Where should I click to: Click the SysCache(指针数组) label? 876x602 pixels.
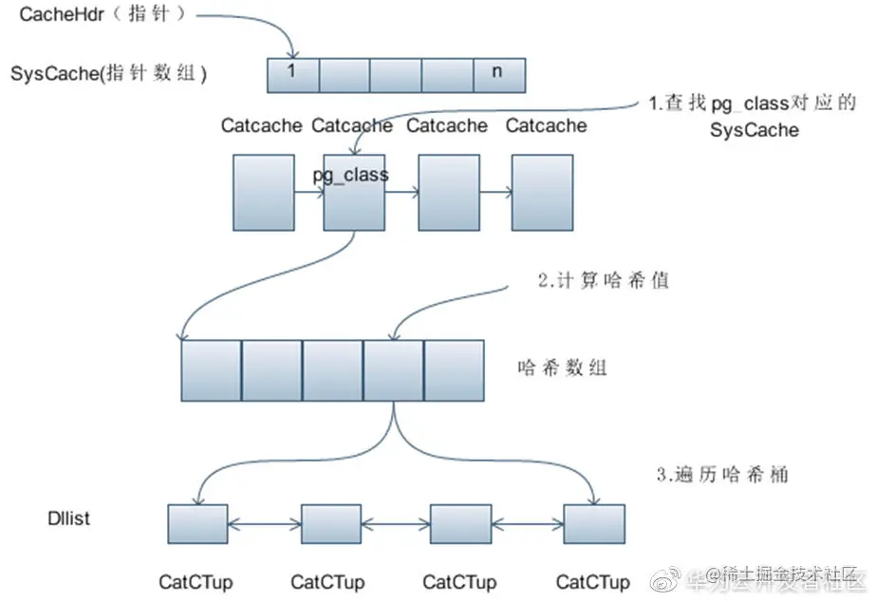click(x=109, y=73)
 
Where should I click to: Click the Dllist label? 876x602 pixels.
click(x=70, y=519)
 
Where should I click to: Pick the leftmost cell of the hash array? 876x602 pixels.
click(x=211, y=369)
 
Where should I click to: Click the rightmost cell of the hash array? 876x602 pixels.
click(x=454, y=369)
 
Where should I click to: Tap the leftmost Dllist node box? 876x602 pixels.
click(x=197, y=523)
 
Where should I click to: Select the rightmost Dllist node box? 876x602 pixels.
click(x=594, y=523)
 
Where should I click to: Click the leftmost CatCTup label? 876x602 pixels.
click(x=196, y=581)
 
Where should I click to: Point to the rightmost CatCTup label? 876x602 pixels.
click(x=593, y=581)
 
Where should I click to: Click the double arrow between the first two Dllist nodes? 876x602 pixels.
click(x=265, y=523)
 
